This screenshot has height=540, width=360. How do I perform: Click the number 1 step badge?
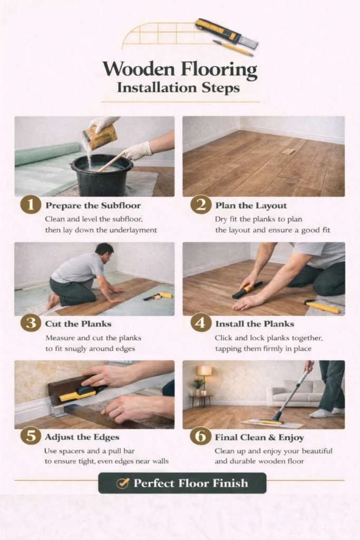[x=31, y=205]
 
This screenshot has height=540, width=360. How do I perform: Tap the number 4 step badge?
[x=201, y=323]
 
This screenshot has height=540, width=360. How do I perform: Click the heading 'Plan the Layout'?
[x=251, y=206]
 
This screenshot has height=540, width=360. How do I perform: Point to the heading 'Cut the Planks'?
[x=78, y=324]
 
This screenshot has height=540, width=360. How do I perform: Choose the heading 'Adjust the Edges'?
[x=82, y=437]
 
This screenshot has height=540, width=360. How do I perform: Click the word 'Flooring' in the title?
[x=219, y=70]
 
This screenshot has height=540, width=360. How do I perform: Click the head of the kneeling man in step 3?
[x=104, y=252]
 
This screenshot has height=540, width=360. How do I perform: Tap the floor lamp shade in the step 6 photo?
[x=204, y=371]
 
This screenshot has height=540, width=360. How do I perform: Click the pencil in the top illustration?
[x=233, y=48]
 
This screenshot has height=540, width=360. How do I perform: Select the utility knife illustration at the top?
[x=227, y=33]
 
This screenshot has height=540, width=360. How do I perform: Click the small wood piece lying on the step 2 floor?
[x=288, y=151]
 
